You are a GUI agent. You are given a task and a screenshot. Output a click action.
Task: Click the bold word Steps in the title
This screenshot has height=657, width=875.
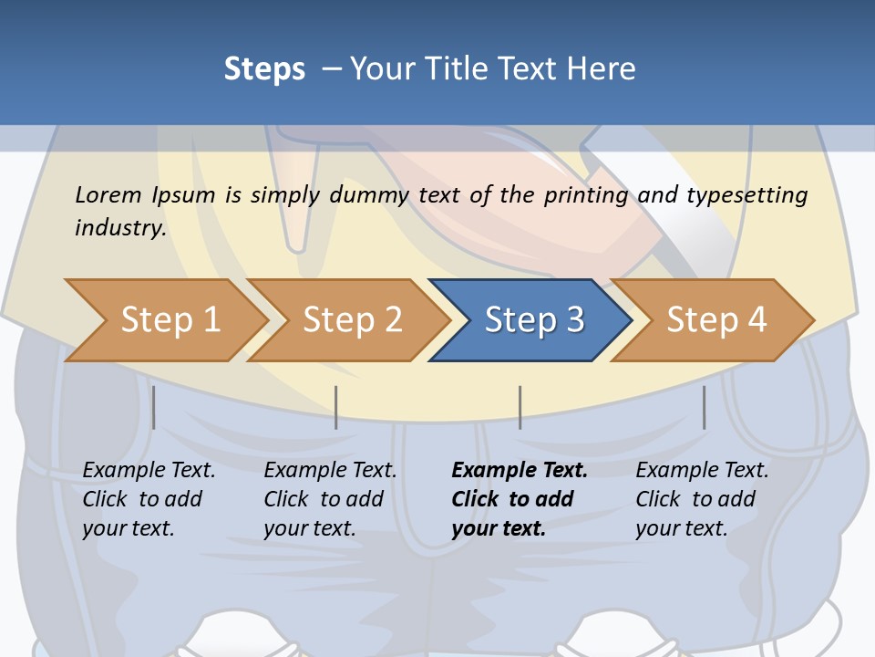click(x=264, y=69)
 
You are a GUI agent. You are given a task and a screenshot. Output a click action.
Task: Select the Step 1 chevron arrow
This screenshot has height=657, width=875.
click(x=166, y=320)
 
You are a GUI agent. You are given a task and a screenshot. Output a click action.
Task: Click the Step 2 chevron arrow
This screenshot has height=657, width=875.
click(x=347, y=320)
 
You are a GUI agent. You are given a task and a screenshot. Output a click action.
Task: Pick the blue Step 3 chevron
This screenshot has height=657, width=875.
click(x=530, y=320)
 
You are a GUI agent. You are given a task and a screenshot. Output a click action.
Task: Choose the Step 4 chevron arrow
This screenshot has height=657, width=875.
click(x=712, y=320)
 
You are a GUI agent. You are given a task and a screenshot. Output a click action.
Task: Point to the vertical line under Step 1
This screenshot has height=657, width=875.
click(x=153, y=407)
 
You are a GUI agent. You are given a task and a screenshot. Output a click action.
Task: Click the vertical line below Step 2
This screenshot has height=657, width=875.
click(x=336, y=407)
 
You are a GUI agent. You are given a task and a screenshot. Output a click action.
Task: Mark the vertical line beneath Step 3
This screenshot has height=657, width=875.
click(x=520, y=407)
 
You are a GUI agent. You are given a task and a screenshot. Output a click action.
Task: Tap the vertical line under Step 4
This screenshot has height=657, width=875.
click(x=705, y=407)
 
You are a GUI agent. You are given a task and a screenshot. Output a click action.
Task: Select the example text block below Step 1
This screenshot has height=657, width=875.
click(x=149, y=499)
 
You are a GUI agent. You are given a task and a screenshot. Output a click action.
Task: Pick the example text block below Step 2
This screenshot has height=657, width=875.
click(x=330, y=499)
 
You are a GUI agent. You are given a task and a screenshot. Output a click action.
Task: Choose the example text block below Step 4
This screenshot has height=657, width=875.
click(x=702, y=499)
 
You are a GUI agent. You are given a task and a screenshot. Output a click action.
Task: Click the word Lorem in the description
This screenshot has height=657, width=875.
click(x=108, y=195)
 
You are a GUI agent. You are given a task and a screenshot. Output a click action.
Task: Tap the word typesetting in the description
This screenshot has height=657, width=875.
click(x=747, y=196)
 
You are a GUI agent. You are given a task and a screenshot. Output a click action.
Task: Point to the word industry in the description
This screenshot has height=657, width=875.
click(x=121, y=228)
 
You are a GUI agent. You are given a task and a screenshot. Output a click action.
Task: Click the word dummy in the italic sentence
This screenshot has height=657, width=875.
click(x=369, y=196)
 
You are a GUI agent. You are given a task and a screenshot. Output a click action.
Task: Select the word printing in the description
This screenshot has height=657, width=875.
click(x=586, y=196)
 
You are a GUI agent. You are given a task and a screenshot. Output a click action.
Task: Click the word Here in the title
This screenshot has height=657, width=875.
click(x=601, y=68)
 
